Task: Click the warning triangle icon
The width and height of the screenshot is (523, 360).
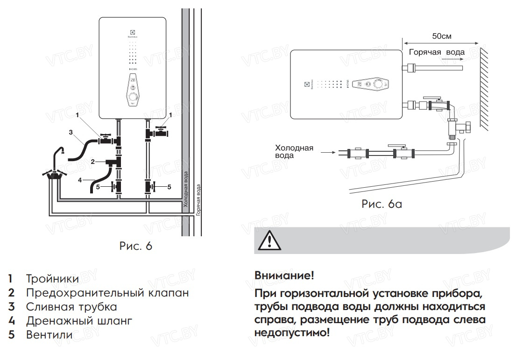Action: (269, 241)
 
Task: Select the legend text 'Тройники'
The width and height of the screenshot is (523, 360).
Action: (52, 279)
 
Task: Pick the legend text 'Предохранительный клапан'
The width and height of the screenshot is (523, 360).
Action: (107, 293)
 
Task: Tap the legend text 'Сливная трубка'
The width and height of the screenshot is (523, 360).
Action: (71, 307)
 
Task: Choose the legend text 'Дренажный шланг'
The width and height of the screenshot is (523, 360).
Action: (79, 321)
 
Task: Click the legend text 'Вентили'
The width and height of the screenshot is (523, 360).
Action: (49, 335)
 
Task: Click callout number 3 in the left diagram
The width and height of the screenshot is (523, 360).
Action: (71, 132)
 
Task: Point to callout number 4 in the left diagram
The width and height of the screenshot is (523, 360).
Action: (80, 179)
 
